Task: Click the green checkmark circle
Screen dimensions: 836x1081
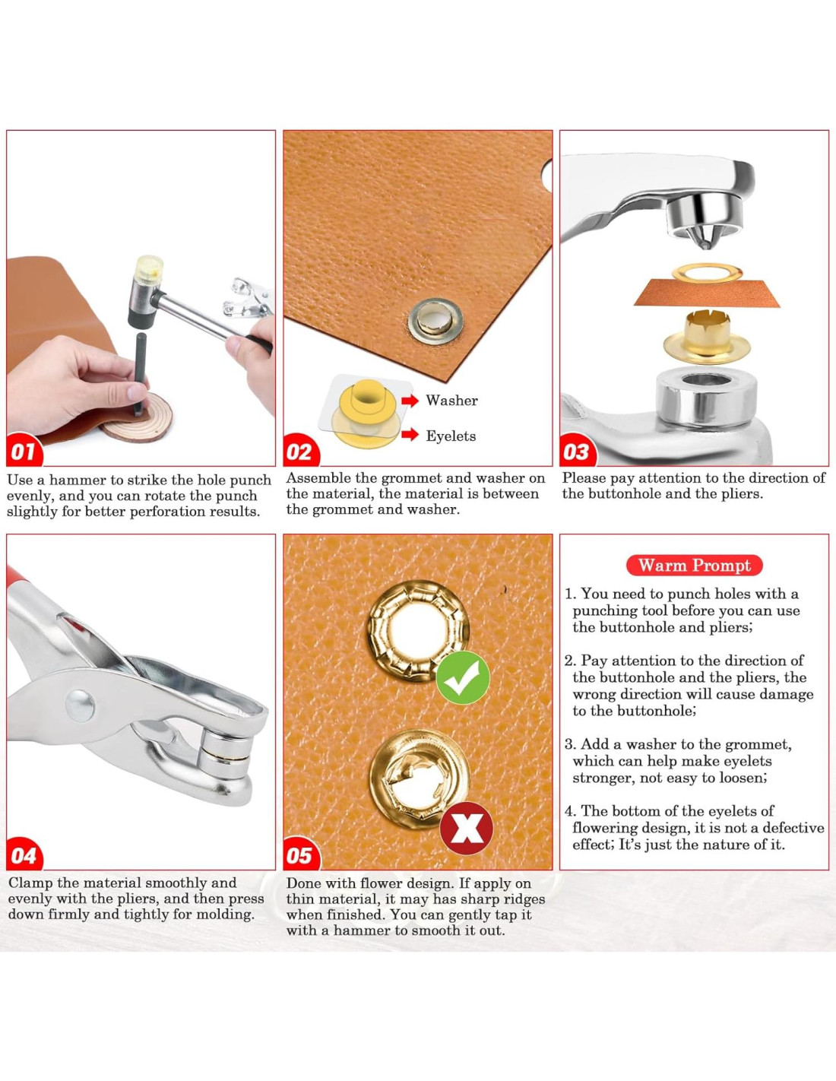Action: click(463, 677)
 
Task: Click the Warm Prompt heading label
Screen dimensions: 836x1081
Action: click(695, 565)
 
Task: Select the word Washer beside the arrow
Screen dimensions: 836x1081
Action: click(451, 401)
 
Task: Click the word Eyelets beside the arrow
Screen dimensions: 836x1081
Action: click(451, 436)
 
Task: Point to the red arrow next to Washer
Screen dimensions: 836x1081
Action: click(410, 400)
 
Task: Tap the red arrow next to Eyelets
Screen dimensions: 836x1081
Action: click(410, 435)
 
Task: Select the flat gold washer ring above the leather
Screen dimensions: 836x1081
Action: click(707, 273)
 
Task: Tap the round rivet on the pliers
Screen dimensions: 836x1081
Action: click(80, 705)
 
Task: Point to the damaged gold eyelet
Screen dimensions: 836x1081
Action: click(419, 779)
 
